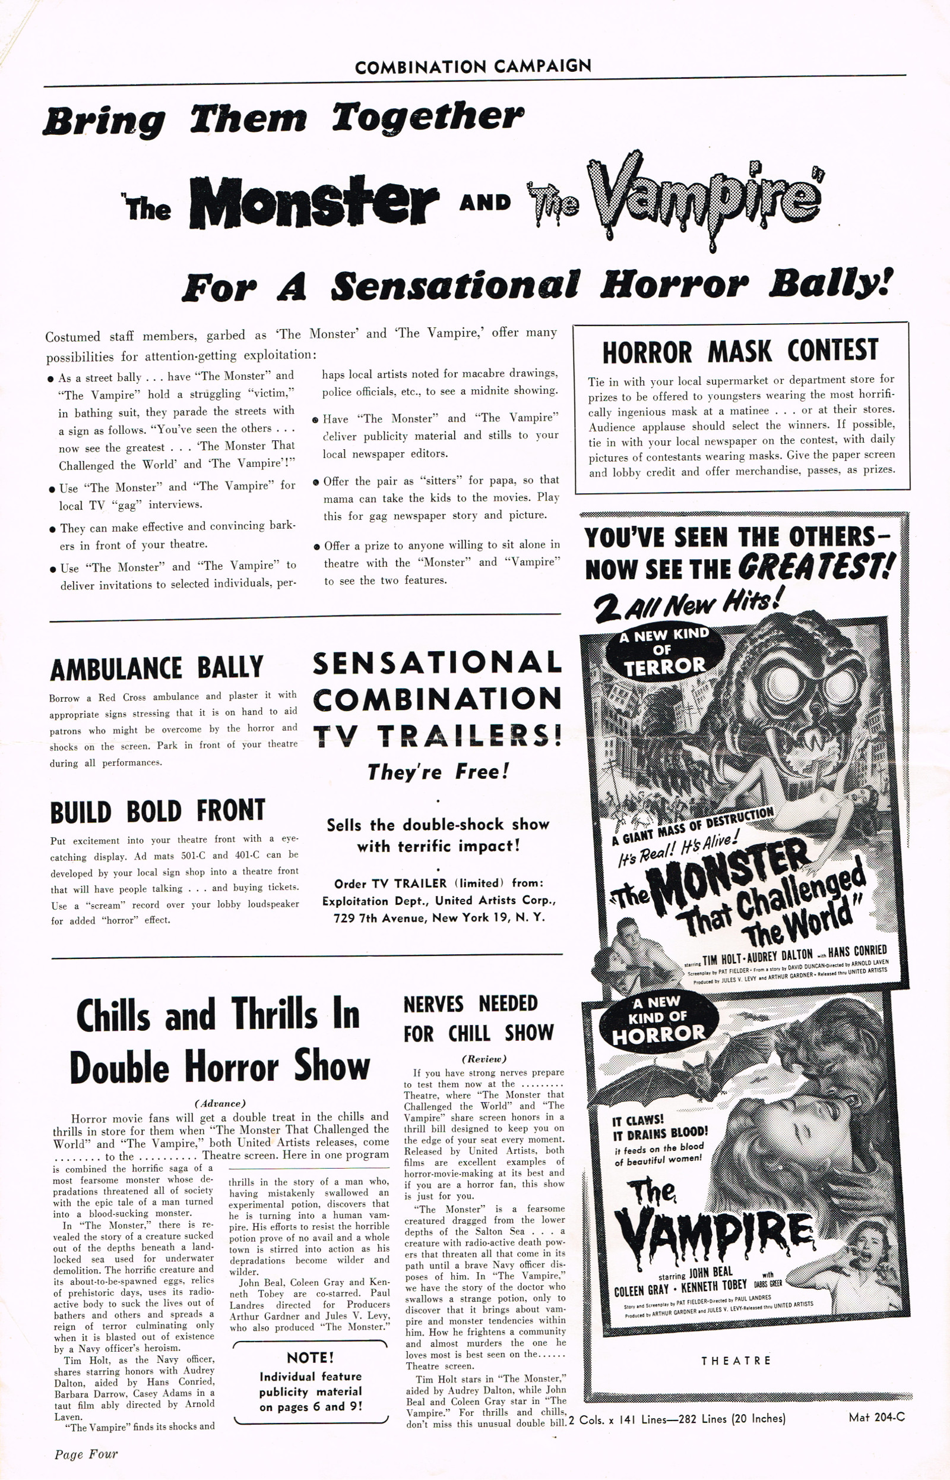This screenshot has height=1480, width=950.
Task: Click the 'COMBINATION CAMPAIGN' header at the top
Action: (x=473, y=66)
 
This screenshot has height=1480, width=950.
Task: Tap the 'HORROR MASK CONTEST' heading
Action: (x=740, y=352)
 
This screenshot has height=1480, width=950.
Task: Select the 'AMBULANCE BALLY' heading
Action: (x=157, y=668)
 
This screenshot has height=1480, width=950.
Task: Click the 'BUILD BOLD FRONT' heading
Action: (x=157, y=811)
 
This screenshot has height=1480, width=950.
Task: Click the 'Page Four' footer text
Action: (x=85, y=1454)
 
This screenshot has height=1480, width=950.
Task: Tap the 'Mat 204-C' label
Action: (x=876, y=1417)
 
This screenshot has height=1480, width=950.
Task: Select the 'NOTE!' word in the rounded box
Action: (x=311, y=1357)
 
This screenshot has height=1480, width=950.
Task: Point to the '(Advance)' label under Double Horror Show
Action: (x=220, y=1103)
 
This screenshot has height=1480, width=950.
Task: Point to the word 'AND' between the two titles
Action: (x=485, y=202)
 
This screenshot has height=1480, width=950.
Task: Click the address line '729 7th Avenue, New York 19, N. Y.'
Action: (x=438, y=918)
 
